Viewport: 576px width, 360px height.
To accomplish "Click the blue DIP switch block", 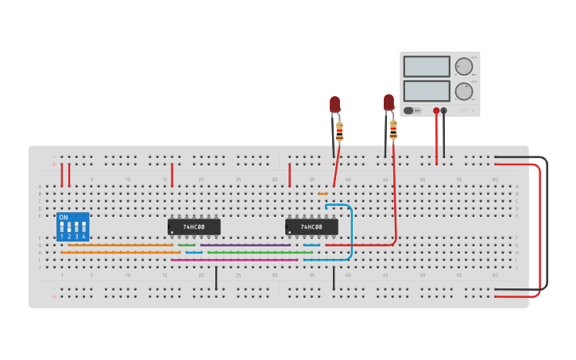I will click(72, 227).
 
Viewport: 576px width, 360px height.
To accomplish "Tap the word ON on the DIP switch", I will click(64, 217).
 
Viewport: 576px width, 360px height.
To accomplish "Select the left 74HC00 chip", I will click(194, 226).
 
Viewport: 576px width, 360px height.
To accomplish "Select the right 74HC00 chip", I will click(311, 226).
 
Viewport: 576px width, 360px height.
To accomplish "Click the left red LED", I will click(334, 104).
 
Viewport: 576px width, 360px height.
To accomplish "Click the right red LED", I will click(389, 102).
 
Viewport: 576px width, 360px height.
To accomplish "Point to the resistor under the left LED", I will click(340, 131).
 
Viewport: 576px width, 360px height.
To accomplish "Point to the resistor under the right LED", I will click(393, 129).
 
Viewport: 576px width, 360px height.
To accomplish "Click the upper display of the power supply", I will click(427, 67).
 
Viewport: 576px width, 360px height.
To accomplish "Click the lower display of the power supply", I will click(427, 91).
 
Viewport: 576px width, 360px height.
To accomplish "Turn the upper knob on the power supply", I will click(463, 67).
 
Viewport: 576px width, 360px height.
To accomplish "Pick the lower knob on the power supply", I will click(463, 91).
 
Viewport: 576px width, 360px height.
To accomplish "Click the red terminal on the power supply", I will click(435, 110).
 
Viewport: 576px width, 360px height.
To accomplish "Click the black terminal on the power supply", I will click(444, 110).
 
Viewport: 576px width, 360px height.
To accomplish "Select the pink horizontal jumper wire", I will click(234, 259).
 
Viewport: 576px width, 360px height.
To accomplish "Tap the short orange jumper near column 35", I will click(323, 193).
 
